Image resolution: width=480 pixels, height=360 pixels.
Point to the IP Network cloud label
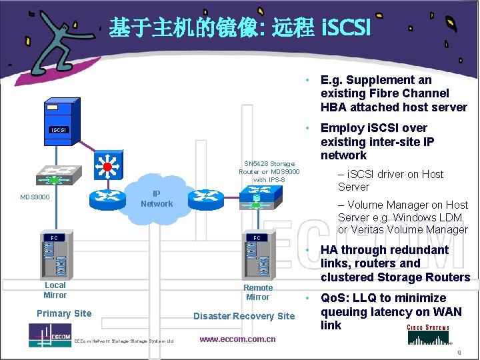click(x=157, y=199)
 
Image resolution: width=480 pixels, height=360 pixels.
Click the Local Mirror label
click(x=55, y=290)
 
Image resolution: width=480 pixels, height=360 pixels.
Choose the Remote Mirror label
click(x=258, y=292)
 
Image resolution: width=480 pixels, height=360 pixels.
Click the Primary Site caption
click(x=64, y=313)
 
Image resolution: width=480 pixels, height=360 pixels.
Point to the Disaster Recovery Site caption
click(x=243, y=316)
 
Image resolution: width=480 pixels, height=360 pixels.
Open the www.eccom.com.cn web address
click(x=237, y=339)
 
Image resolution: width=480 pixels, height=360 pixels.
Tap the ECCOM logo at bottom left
click(x=50, y=333)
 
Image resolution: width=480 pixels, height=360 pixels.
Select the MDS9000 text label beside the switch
click(x=35, y=197)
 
